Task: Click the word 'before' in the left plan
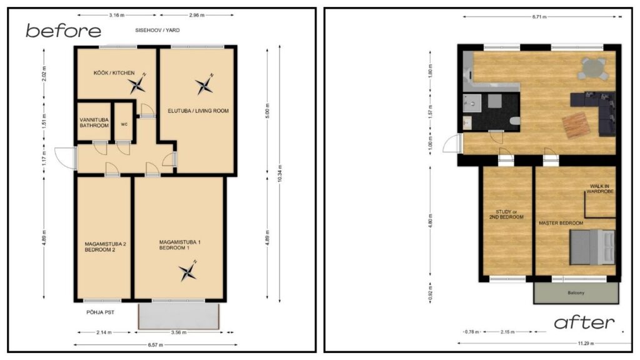click(63, 30)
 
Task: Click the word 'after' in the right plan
click(584, 322)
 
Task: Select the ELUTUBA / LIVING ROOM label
click(198, 111)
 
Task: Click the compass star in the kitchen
click(137, 84)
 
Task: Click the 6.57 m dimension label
click(150, 345)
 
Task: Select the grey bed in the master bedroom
click(592, 245)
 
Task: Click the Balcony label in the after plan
click(576, 292)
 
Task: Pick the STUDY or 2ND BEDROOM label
click(506, 214)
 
